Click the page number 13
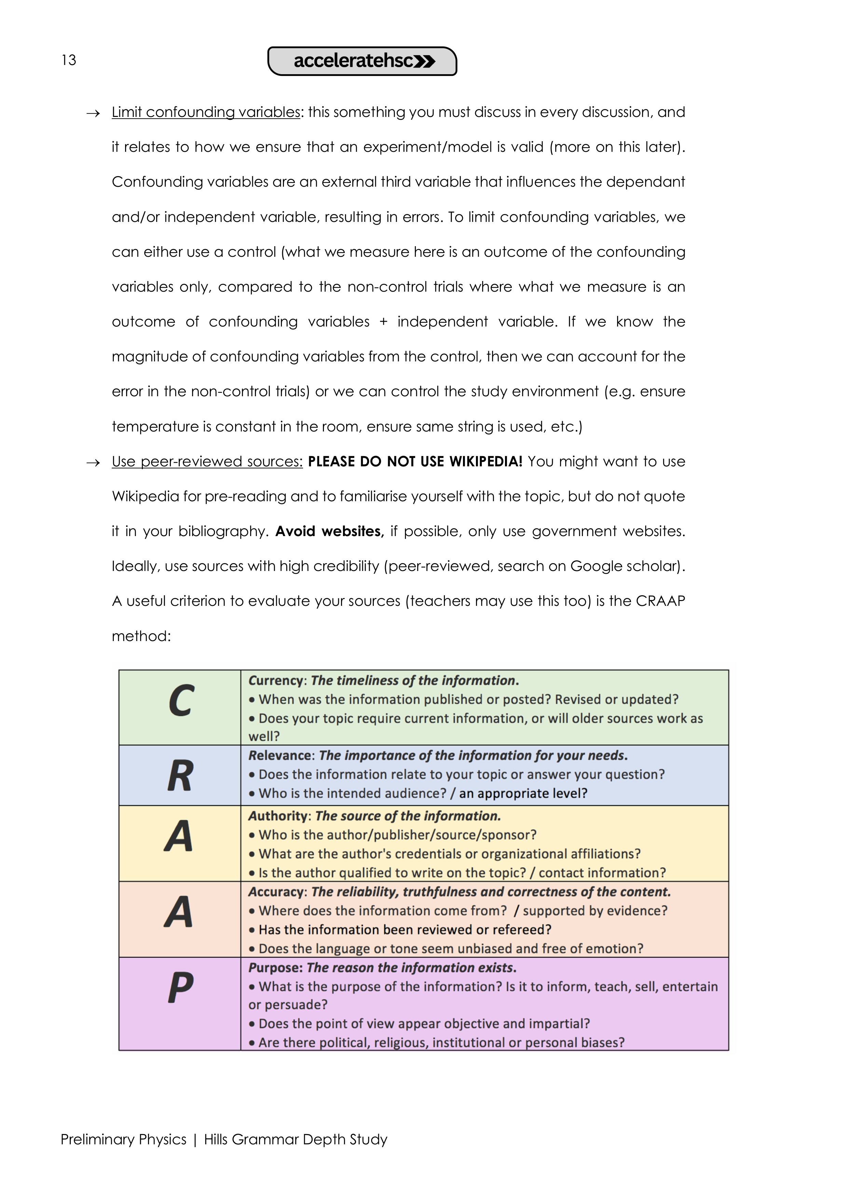68,60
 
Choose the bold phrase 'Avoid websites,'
330,531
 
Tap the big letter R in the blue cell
180,776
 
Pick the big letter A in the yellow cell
179,836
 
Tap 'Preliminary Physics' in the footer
124,1140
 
